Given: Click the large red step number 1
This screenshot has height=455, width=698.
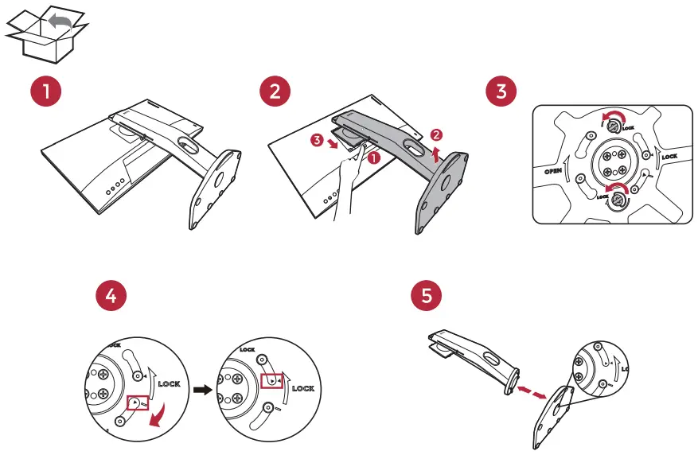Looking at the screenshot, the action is click(46, 91).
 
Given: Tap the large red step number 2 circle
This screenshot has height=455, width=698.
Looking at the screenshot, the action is click(275, 91).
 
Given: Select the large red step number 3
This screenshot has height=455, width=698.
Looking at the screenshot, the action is click(501, 91).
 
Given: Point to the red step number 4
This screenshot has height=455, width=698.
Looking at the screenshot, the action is click(111, 296).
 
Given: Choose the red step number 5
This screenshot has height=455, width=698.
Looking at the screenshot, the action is click(427, 296).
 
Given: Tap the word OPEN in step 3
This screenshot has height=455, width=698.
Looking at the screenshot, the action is click(553, 171).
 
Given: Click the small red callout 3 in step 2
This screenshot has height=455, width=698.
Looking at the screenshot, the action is click(317, 141).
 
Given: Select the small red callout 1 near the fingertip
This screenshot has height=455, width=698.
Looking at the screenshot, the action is click(374, 157).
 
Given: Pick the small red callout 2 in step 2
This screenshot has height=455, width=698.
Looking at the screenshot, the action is click(436, 134).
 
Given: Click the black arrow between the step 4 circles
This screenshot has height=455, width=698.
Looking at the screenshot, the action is click(202, 390).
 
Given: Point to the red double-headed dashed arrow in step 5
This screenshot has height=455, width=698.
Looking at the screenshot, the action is click(532, 392).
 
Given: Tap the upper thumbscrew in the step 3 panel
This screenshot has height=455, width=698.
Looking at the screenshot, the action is click(613, 126).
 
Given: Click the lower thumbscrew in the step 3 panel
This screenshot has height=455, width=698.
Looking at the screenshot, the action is click(618, 199).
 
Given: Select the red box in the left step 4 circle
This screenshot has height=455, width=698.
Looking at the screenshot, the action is click(138, 402).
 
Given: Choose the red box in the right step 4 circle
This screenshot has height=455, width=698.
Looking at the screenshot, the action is click(271, 381).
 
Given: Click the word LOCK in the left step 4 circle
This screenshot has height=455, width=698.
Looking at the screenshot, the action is click(170, 384).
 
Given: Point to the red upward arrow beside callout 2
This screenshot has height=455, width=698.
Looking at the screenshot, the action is click(436, 155).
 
